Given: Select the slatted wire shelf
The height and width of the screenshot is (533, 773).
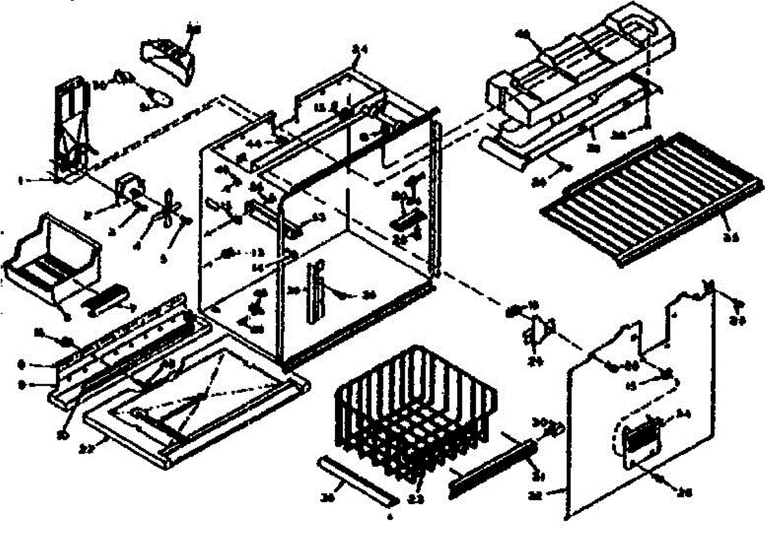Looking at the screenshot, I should [x=651, y=200].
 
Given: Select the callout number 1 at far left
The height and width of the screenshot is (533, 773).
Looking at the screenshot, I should [x=57, y=182].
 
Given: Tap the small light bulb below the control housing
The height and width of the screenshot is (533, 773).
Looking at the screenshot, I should [x=161, y=98].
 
